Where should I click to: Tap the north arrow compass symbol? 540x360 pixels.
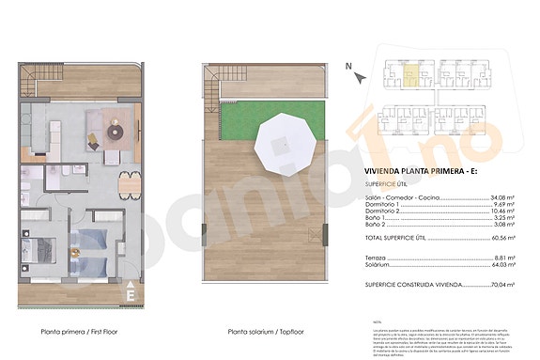point(349,66)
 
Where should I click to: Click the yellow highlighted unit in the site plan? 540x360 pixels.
point(410,70)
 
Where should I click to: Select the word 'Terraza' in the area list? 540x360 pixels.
point(375,257)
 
